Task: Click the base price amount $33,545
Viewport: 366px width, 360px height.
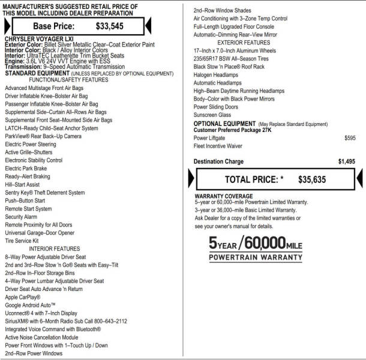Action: pyautogui.click(x=111, y=26)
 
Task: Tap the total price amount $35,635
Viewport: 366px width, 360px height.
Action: pyautogui.click(x=311, y=179)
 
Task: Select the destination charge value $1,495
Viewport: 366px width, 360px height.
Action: pyautogui.click(x=346, y=161)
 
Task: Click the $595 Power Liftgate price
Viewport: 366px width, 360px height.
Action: pyautogui.click(x=350, y=138)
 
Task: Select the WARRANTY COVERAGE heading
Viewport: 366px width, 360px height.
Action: pyautogui.click(x=223, y=196)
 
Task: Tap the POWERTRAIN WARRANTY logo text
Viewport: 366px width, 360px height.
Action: pyautogui.click(x=256, y=257)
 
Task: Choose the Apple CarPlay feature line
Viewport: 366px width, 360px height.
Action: pyautogui.click(x=23, y=297)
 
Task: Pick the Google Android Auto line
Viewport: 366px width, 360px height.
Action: pyautogui.click(x=31, y=305)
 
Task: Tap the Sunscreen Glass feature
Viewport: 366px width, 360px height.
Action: pyautogui.click(x=212, y=115)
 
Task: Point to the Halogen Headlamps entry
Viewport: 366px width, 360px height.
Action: pyautogui.click(x=216, y=75)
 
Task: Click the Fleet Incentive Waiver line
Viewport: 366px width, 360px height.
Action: pyautogui.click(x=218, y=146)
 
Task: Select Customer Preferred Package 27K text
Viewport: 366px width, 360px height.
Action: pyautogui.click(x=232, y=130)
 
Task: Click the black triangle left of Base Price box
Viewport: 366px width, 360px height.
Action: pyautogui.click(x=7, y=26)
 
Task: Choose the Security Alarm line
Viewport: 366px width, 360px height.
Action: pyautogui.click(x=21, y=217)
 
